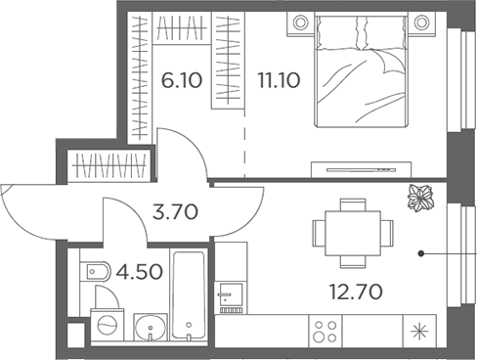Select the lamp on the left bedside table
[298, 22]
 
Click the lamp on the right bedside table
[422, 22]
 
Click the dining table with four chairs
[347, 234]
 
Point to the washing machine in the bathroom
[108, 324]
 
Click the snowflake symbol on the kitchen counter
[422, 331]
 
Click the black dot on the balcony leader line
[421, 254]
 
